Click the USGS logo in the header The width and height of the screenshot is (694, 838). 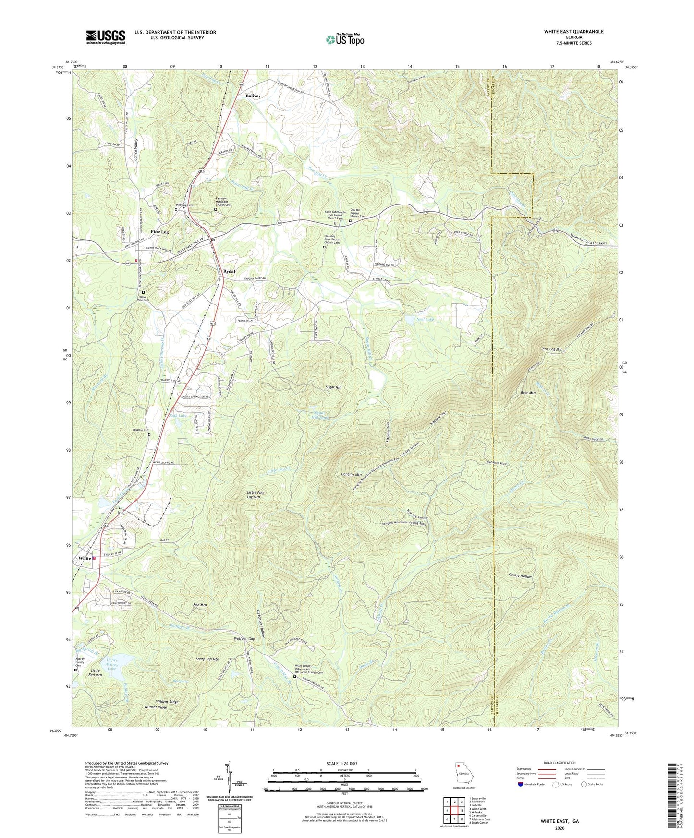point(106,37)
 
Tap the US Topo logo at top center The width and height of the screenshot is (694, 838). point(345,39)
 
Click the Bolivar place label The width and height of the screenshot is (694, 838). point(253,96)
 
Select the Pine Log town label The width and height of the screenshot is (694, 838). point(159,232)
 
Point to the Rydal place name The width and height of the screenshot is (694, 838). point(230,271)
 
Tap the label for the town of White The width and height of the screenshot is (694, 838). point(85,558)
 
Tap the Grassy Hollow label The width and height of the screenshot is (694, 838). point(520,576)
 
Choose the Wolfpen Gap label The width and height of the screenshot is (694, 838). point(244,639)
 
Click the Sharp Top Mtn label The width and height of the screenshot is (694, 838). point(207,659)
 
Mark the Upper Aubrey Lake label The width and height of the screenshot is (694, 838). point(112,665)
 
